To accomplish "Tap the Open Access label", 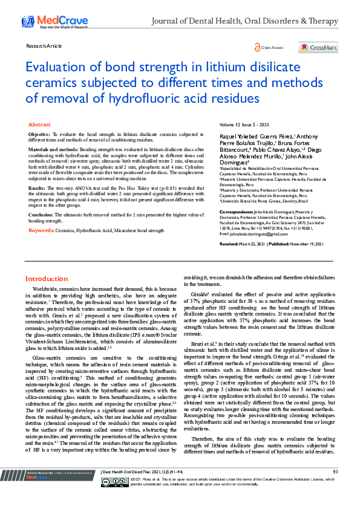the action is click(272, 47).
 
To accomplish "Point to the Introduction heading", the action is click(46, 279).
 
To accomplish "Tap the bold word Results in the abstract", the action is click(37, 189).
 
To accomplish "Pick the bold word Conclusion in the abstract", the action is click(41, 214).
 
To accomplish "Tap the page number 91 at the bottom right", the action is click(335, 488).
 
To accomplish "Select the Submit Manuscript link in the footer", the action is click(40, 488).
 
